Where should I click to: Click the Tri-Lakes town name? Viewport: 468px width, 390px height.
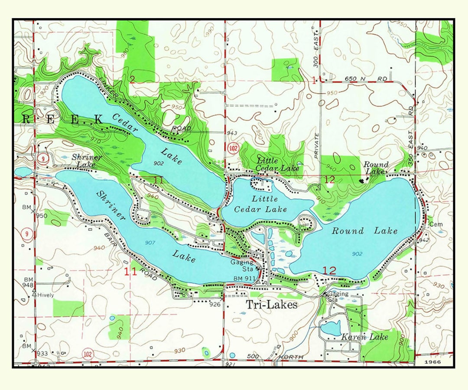272,305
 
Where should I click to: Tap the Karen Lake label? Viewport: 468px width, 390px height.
364,337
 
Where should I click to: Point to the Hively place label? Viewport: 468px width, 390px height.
45,295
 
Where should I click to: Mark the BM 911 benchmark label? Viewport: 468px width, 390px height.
243,278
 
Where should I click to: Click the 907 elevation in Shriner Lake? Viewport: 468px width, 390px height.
149,242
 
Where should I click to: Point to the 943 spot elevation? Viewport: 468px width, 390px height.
232,133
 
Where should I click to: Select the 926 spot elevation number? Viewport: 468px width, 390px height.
215,304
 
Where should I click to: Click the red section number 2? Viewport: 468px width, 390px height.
132,78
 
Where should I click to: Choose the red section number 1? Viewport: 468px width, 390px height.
314,80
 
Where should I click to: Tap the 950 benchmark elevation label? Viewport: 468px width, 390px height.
42,216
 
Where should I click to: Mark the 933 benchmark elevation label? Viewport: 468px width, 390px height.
42,354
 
